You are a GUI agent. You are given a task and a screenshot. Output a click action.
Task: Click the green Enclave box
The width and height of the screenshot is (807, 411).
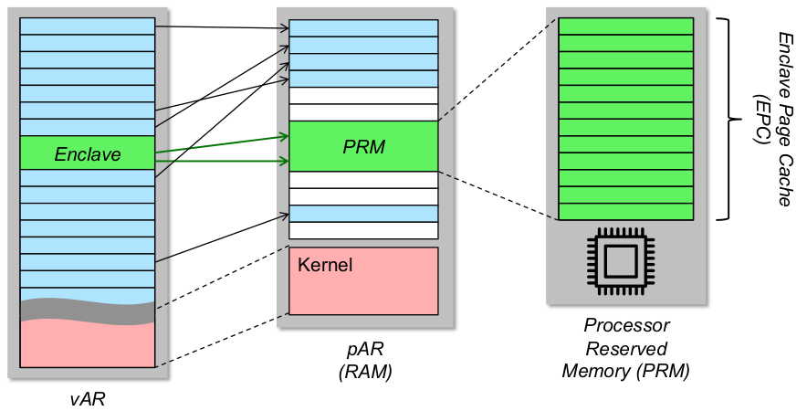(x=88, y=153)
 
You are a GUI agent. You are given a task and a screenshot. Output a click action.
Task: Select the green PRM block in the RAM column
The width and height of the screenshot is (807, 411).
(x=363, y=146)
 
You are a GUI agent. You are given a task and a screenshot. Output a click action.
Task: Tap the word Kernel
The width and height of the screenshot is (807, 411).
(x=325, y=266)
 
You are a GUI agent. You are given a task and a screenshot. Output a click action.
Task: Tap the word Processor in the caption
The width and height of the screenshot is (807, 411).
(x=626, y=326)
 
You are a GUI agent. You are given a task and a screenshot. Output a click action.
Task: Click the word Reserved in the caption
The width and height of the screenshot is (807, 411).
(x=626, y=348)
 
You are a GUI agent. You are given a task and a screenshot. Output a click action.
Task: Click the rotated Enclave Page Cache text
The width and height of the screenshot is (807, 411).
(x=784, y=118)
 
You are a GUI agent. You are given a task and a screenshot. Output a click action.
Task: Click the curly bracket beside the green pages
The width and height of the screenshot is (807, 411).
(x=728, y=118)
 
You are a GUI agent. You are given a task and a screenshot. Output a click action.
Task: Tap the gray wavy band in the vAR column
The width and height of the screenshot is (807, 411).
(x=88, y=311)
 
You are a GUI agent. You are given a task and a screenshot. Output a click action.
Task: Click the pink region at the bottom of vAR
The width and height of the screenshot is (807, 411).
(x=88, y=345)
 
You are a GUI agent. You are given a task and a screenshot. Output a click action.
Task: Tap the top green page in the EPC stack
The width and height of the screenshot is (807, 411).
(x=625, y=26)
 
